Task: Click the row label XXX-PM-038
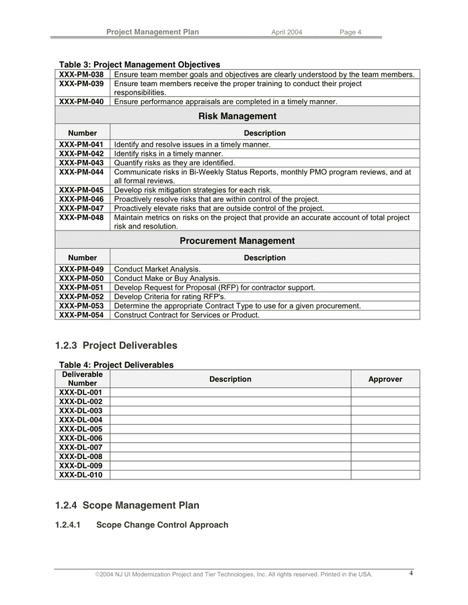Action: point(81,75)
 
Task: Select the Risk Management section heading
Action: point(237,116)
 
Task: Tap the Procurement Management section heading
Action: point(237,241)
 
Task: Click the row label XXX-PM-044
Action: point(81,172)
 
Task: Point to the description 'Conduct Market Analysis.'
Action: point(157,269)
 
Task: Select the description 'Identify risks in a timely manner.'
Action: point(168,154)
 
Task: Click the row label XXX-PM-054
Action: point(81,315)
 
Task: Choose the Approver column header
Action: point(385,379)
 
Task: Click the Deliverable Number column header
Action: point(82,378)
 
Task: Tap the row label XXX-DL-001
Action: point(81,393)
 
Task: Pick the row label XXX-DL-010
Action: point(81,475)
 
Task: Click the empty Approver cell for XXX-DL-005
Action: point(385,429)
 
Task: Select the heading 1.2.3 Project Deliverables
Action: point(116,346)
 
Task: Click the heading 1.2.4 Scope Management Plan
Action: point(127,506)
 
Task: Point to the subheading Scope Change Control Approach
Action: point(162,525)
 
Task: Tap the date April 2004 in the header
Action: point(286,32)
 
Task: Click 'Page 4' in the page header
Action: point(350,32)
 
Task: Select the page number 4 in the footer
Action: point(412,573)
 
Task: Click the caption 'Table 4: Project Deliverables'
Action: point(116,365)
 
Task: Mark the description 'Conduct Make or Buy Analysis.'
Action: point(167,278)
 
